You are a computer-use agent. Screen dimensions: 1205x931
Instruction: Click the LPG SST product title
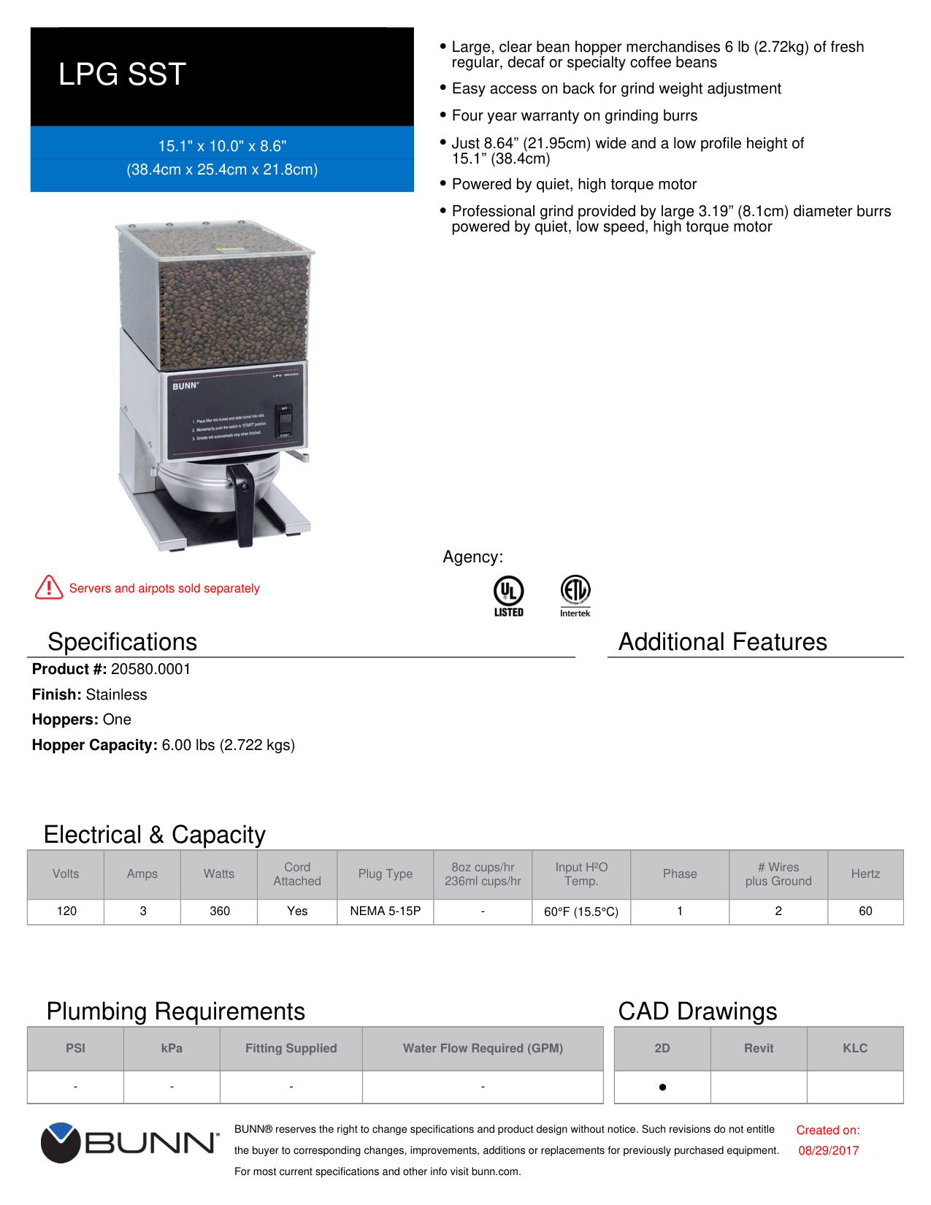[122, 74]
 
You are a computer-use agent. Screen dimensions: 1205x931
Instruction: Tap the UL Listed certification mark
[508, 596]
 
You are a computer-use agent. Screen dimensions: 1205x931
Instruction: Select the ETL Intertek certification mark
[575, 596]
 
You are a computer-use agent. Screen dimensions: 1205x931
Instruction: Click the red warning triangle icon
[49, 587]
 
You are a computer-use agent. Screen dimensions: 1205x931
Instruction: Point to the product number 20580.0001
[150, 669]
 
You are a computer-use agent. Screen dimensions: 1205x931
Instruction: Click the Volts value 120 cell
[66, 911]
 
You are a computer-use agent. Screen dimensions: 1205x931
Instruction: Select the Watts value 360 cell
[219, 911]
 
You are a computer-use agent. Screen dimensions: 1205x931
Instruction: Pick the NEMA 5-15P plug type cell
[385, 911]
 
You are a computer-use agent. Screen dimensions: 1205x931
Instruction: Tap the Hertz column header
[865, 873]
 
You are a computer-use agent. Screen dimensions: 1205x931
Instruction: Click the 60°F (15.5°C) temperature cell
[581, 911]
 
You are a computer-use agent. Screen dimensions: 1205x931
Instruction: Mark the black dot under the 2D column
[662, 1087]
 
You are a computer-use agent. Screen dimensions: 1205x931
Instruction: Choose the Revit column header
[759, 1048]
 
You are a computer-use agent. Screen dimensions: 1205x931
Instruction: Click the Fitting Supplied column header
[291, 1048]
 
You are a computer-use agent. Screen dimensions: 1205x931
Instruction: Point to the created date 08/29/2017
[828, 1150]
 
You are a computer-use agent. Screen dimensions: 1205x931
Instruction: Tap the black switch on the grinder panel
[285, 421]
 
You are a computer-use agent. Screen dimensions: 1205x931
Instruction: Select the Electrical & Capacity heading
[154, 834]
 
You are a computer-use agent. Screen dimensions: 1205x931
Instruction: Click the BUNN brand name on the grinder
[185, 386]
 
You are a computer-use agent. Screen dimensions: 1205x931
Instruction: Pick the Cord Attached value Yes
[297, 911]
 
